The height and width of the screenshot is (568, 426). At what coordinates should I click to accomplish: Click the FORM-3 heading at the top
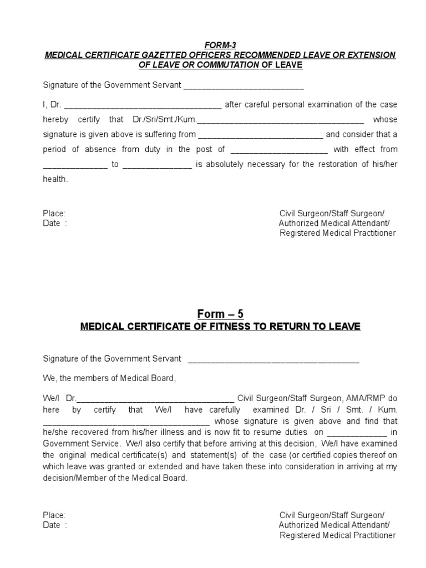[x=220, y=45]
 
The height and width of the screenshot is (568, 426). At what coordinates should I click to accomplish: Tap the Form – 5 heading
[x=220, y=315]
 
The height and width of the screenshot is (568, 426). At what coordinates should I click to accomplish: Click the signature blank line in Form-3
[x=244, y=87]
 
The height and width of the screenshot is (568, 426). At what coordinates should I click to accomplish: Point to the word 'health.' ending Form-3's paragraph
[x=55, y=179]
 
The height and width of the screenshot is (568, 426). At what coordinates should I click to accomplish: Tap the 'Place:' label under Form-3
[x=54, y=214]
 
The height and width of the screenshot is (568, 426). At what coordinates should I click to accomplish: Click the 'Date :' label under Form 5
[x=55, y=525]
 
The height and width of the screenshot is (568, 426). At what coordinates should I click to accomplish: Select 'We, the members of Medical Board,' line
[x=109, y=378]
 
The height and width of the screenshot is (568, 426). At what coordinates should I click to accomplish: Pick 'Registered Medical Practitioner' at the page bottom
[x=337, y=535]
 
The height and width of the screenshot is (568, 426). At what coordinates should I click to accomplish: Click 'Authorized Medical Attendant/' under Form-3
[x=334, y=224]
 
